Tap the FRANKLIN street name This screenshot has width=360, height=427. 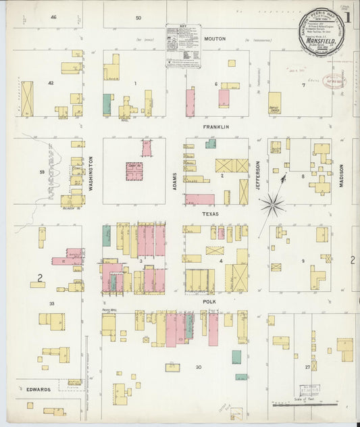tap(217, 126)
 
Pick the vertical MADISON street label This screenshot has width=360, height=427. tap(341, 175)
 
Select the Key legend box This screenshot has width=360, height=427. tap(183, 46)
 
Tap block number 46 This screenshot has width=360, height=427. tap(53, 17)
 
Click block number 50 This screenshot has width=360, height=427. tap(138, 18)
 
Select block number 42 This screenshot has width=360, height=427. tap(51, 83)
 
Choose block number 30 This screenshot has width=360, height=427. tap(199, 367)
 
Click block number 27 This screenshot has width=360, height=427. tap(307, 367)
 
